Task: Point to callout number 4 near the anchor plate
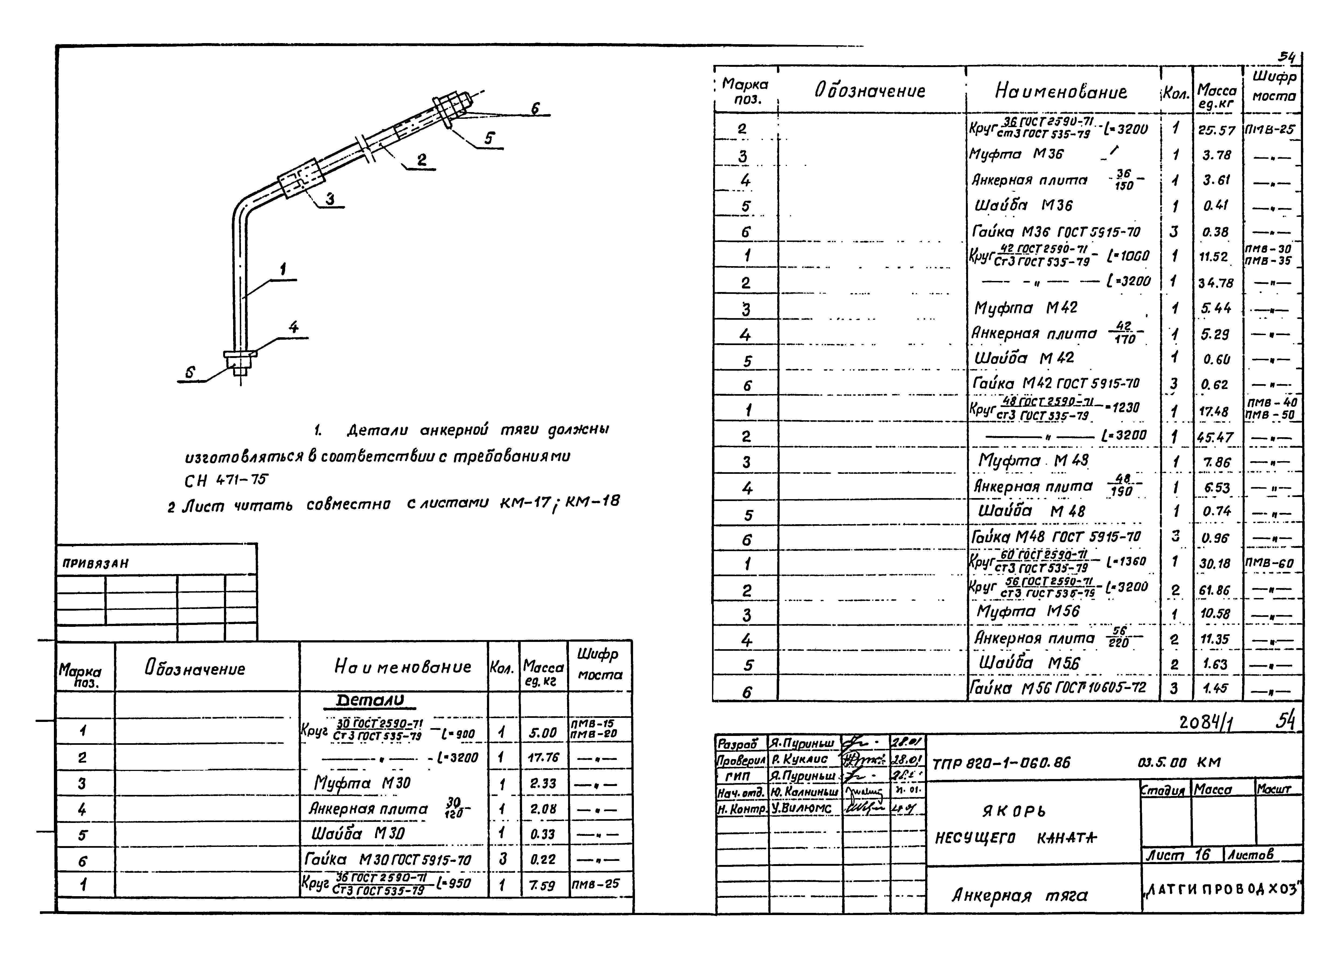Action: [x=293, y=328]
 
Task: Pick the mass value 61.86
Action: [x=1215, y=590]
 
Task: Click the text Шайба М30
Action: [x=358, y=834]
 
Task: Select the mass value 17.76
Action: [x=542, y=757]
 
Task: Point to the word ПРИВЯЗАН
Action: [x=95, y=563]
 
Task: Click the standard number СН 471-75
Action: [x=226, y=481]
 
